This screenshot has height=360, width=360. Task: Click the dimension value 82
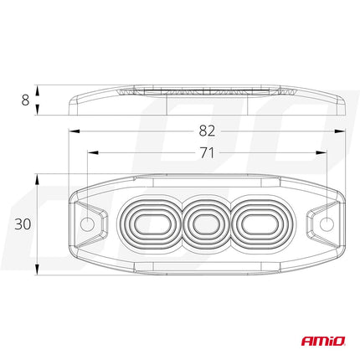pyautogui.click(x=208, y=131)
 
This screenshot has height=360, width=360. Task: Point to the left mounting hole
pyautogui.click(x=88, y=224)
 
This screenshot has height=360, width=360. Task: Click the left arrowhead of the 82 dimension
pyautogui.click(x=72, y=131)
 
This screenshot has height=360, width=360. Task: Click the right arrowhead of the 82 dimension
pyautogui.click(x=342, y=131)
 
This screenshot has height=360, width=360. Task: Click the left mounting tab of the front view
pyautogui.click(x=87, y=224)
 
